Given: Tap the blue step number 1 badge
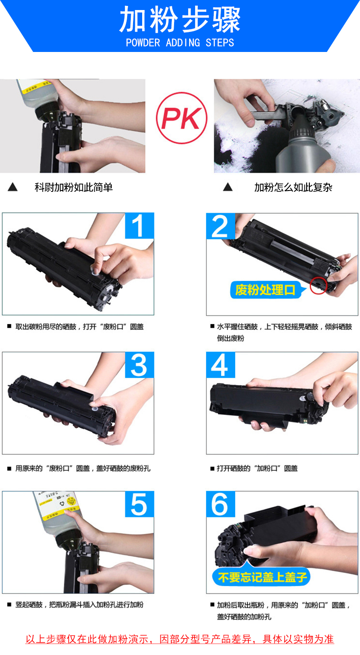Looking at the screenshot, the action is point(139,226).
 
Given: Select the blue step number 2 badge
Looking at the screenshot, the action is point(221,226).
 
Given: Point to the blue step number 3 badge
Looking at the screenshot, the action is point(139,365).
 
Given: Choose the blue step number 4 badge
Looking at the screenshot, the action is point(221,365).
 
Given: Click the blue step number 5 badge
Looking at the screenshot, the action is point(139,504).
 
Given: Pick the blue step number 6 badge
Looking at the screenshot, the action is point(221,504).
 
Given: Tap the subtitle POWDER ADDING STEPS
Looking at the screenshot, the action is point(180,43).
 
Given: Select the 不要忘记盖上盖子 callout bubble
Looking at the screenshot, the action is point(261,577).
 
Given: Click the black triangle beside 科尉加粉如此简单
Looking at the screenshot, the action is point(13,187).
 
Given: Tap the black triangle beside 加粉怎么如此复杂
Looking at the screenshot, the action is point(228,187).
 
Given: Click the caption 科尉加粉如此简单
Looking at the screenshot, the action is point(74,187).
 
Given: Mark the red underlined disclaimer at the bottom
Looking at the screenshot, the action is point(180,639).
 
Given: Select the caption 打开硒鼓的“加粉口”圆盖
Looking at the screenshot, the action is point(257,469).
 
